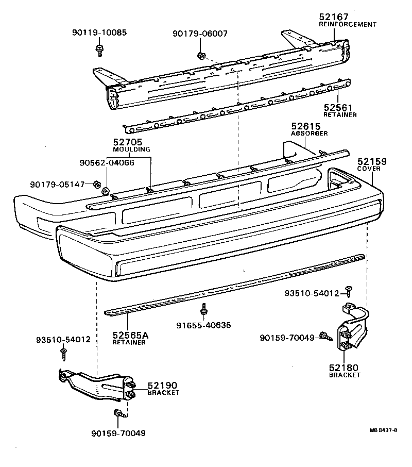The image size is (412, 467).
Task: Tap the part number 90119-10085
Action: tap(99, 34)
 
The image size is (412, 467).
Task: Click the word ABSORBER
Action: tap(309, 134)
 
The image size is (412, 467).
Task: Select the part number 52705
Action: tap(128, 142)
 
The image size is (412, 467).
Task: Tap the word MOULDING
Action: tap(131, 149)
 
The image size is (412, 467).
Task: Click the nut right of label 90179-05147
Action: tap(96, 184)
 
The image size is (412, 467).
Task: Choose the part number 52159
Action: tap(372, 162)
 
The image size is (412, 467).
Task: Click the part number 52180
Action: tap(345, 368)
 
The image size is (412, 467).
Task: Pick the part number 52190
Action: tap(162, 385)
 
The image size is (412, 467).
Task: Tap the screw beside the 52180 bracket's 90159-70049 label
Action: tap(325, 337)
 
